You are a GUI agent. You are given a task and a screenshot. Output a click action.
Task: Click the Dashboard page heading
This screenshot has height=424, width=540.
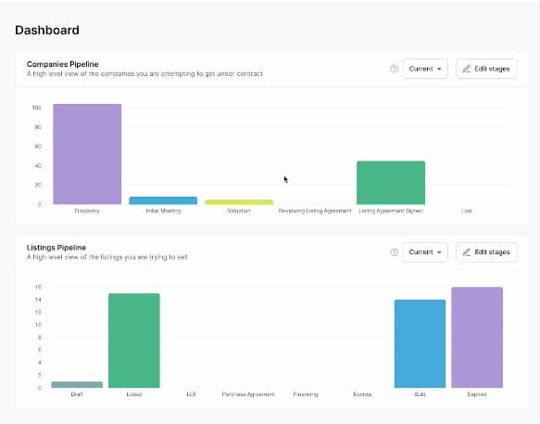[x=47, y=31]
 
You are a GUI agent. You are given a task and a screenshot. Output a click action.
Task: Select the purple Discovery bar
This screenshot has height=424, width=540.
[x=87, y=154]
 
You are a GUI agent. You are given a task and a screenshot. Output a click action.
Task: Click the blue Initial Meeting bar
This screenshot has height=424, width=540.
[x=163, y=200]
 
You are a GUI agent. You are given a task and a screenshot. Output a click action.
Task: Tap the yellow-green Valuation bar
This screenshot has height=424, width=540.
[x=239, y=201]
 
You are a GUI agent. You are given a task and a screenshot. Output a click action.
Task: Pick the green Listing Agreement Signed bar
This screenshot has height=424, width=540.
[x=391, y=183]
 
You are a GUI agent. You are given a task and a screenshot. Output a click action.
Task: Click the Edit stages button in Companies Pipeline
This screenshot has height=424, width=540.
[x=486, y=69]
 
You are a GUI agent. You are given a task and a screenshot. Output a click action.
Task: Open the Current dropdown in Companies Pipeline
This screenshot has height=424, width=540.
[x=425, y=69]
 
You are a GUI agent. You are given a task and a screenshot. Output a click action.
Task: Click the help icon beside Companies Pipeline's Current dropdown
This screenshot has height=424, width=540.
[x=394, y=69]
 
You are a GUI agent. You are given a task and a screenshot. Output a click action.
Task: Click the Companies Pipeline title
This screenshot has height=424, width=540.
[x=63, y=64]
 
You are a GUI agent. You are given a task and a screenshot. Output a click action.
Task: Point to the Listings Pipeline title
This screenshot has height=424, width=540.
[x=57, y=247]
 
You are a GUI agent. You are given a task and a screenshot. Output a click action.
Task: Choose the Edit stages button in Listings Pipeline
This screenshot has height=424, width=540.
[x=486, y=251]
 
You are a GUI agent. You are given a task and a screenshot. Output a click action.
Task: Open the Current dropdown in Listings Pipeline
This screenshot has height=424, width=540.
[x=425, y=251]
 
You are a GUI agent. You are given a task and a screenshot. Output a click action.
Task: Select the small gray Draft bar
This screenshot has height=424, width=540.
[x=77, y=384]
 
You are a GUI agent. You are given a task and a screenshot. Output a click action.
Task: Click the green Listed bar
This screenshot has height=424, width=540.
[x=134, y=340]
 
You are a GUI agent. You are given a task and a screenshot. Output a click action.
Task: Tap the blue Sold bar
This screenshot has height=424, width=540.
[x=420, y=343]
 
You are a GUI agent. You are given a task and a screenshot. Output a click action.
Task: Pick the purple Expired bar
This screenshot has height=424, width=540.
[x=477, y=338]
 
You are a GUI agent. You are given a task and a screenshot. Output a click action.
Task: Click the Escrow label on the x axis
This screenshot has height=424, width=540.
[x=362, y=394]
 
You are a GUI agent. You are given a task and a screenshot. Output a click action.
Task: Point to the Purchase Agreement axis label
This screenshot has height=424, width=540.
[x=248, y=394]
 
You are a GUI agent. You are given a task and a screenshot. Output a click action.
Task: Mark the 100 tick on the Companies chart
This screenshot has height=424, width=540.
[x=37, y=108]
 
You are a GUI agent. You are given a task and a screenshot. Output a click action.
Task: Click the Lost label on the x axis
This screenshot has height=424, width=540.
[x=467, y=212]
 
